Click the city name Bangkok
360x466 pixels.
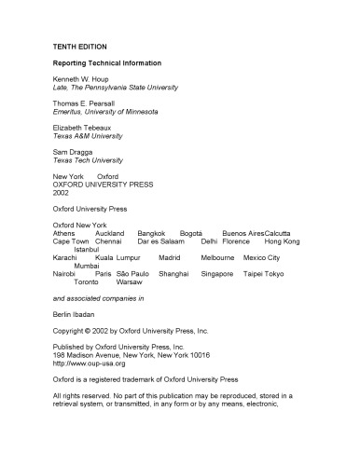pos(151,233)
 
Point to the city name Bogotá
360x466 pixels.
pos(191,233)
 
